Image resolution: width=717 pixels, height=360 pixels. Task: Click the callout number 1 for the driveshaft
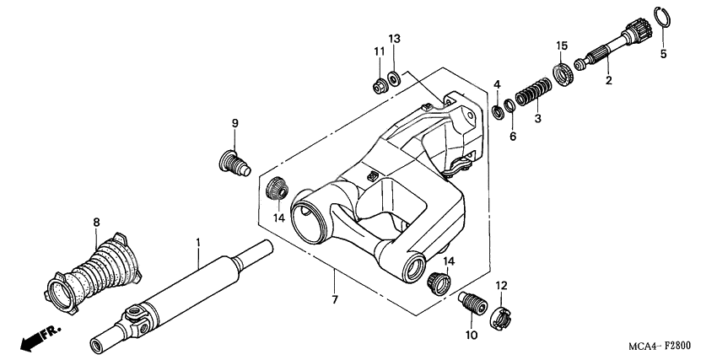click(x=198, y=243)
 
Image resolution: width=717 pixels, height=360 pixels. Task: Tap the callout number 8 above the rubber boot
click(x=96, y=223)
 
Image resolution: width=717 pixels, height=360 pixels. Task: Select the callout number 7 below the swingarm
click(x=334, y=300)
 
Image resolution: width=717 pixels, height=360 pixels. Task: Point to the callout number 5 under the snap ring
click(x=663, y=54)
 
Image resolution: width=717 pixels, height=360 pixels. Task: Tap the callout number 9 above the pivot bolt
click(x=235, y=123)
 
